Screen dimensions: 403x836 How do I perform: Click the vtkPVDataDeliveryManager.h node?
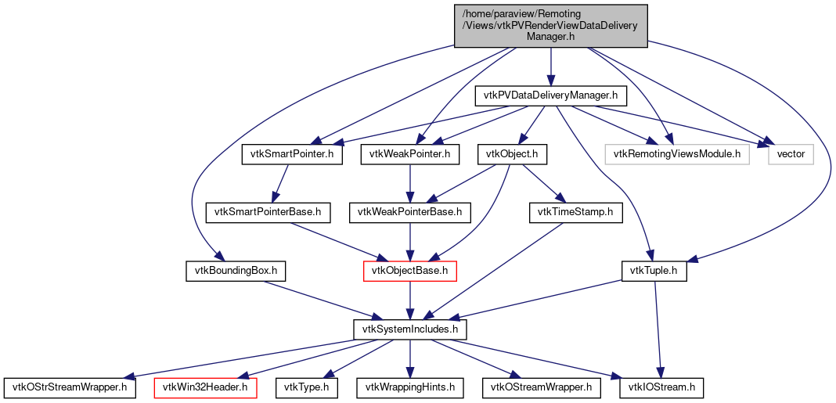551,96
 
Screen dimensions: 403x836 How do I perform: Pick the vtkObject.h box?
512,154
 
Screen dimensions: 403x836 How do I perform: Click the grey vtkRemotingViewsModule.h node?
676,154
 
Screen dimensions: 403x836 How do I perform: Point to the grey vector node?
791,154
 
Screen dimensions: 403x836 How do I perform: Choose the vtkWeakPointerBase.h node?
409,211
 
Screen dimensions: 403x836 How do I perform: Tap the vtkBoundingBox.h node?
235,271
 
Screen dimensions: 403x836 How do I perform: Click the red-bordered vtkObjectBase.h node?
409,271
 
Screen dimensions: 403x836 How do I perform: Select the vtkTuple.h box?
654,271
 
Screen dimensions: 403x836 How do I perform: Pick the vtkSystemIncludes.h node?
409,329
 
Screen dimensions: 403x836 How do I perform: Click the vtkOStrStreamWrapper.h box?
70,387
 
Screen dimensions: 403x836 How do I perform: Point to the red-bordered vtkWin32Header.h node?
206,387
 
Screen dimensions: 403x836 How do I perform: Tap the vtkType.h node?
307,387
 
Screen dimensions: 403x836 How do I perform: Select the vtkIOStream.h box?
661,387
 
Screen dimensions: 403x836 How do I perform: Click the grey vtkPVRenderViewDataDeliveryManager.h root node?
551,24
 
